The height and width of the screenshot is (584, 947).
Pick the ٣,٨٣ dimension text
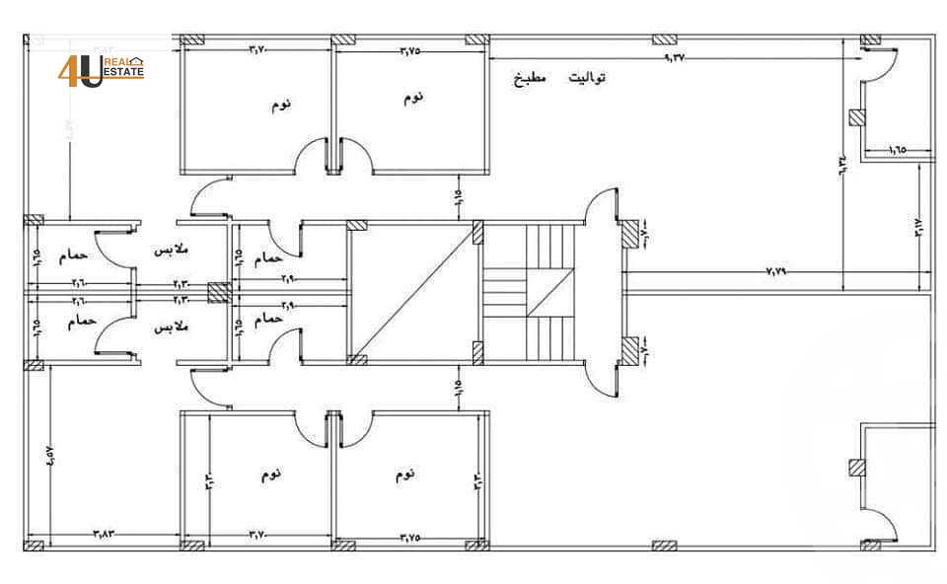coord(104,534)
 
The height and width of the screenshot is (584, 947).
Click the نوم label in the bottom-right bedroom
coord(404,474)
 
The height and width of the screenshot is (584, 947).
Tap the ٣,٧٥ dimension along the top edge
coord(411,49)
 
